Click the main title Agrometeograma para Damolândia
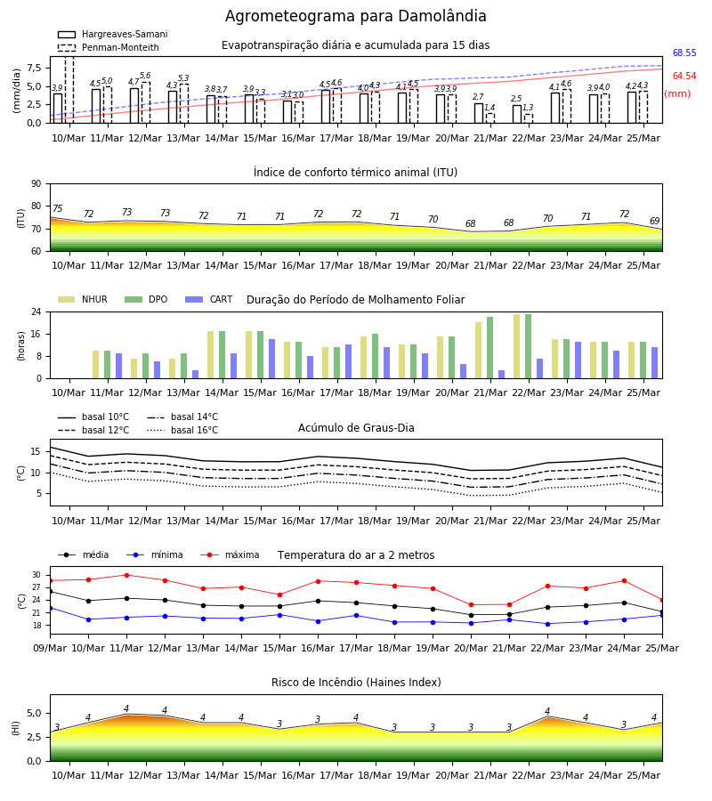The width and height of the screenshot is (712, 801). click(355, 16)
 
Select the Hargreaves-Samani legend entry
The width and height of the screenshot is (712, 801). click(112, 34)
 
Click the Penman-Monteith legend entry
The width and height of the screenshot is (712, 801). click(109, 47)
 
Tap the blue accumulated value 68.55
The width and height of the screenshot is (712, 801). click(684, 53)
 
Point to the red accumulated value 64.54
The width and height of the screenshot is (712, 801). click(684, 76)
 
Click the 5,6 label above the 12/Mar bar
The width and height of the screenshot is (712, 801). click(145, 76)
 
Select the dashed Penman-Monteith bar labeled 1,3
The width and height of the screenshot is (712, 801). click(528, 118)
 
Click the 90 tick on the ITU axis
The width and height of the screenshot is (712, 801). click(36, 184)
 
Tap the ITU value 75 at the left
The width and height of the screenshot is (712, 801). click(57, 208)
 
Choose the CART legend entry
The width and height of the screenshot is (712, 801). click(209, 299)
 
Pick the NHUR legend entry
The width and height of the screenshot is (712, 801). click(83, 299)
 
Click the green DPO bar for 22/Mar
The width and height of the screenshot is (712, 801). click(528, 346)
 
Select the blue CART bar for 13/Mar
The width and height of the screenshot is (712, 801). click(195, 375)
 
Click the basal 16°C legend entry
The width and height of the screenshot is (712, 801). click(182, 430)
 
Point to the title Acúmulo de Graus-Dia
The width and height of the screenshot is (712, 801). click(356, 427)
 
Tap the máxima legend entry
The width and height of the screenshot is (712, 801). click(230, 554)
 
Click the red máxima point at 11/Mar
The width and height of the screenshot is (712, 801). click(126, 575)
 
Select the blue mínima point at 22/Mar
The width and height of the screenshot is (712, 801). click(547, 624)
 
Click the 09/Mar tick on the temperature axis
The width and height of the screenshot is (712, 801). click(50, 648)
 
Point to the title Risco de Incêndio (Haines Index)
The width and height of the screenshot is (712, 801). click(356, 682)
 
